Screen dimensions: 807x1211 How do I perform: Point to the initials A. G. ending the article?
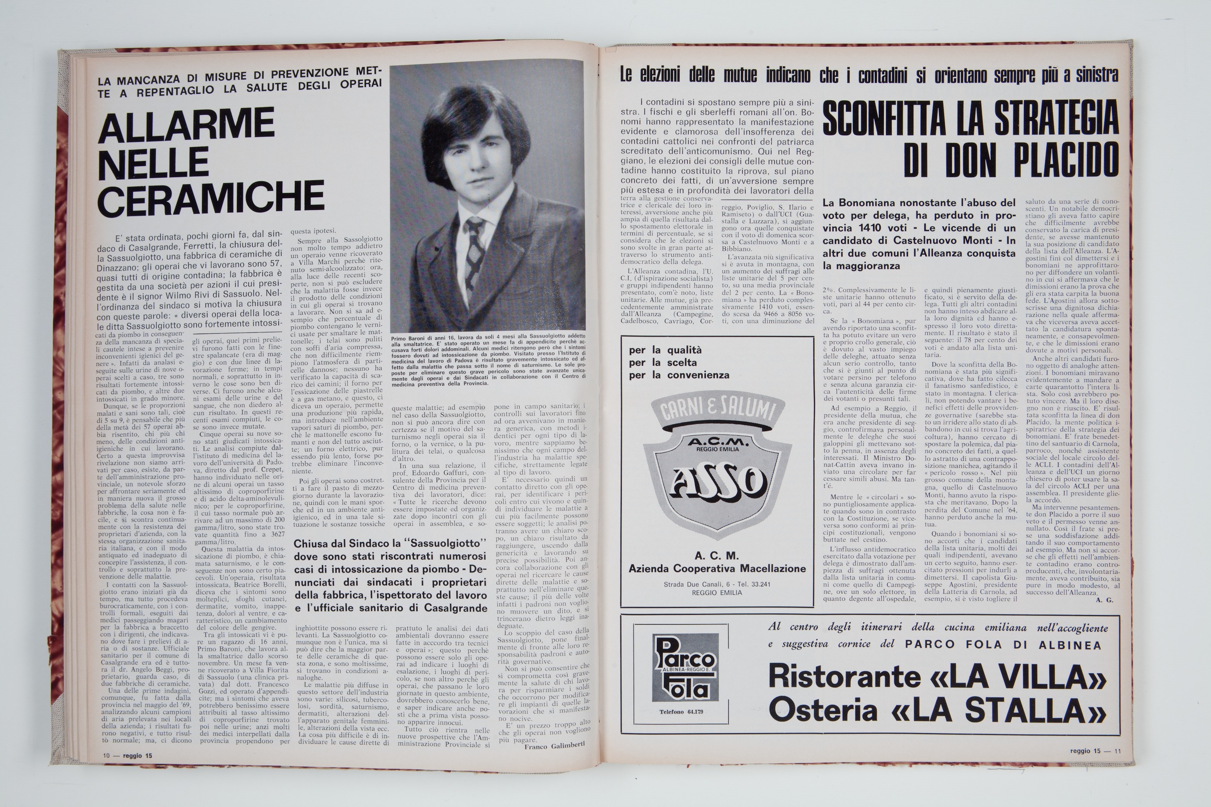[1104, 600]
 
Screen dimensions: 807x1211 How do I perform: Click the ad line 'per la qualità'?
[665, 350]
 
